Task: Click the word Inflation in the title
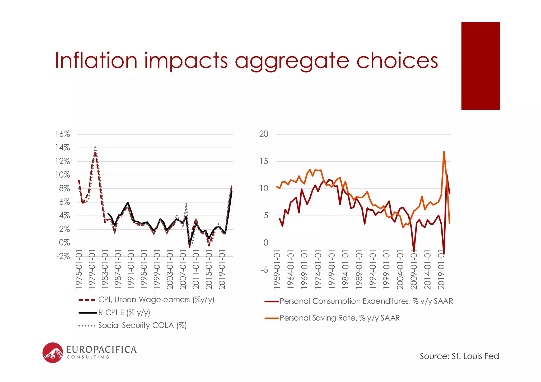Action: click(96, 60)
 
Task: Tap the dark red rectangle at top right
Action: click(480, 66)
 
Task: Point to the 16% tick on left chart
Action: click(62, 134)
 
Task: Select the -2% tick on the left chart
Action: click(63, 256)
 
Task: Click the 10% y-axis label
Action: click(62, 175)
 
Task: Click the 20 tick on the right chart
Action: click(263, 134)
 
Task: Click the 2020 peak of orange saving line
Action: click(444, 152)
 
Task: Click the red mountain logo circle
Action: click(53, 353)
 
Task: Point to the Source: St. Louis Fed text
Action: click(459, 356)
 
